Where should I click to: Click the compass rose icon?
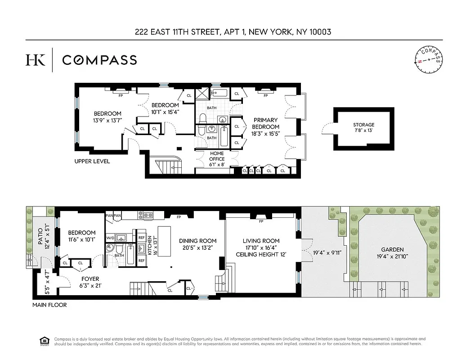point(428,60)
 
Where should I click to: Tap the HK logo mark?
point(36,60)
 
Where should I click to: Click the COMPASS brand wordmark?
point(99,60)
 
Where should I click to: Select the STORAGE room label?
point(363,125)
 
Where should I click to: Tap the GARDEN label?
point(392,249)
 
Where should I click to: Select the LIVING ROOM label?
point(261,241)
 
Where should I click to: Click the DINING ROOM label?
point(197,241)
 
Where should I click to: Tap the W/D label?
point(110,238)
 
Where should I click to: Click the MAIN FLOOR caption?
point(49,305)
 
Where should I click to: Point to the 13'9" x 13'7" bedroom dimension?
point(108,120)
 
